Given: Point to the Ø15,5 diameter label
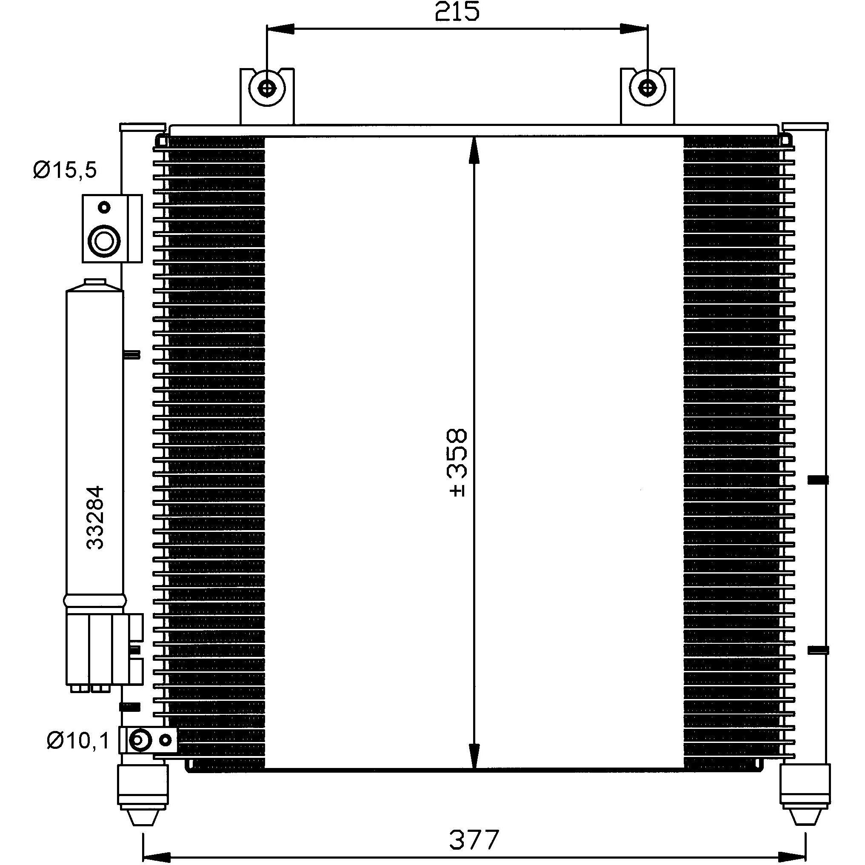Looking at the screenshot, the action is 65,170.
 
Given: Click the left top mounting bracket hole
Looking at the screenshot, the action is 267,87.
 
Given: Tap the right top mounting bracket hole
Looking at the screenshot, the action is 647,87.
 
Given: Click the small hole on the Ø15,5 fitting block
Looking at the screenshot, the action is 105,208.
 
